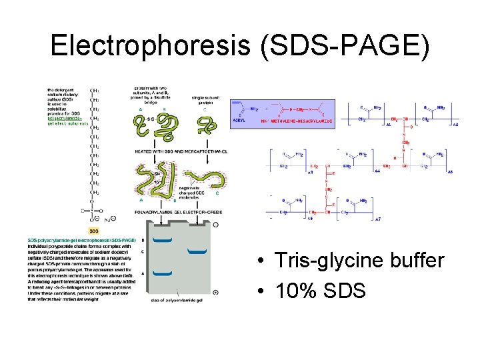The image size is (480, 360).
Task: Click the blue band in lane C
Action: (197, 252)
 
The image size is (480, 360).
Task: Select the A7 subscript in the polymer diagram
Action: (378, 219)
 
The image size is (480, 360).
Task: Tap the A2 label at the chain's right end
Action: (455, 125)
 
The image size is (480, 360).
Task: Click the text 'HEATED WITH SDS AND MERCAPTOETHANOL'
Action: (181, 151)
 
